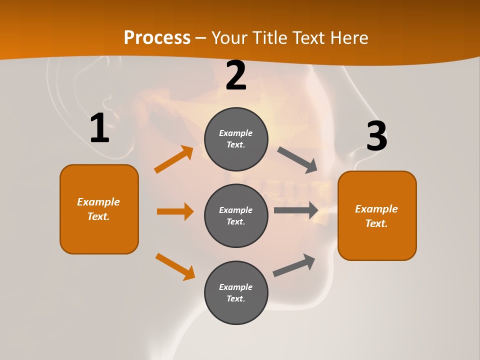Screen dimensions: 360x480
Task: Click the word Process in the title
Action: pyautogui.click(x=157, y=38)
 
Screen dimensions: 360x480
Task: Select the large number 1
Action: pyautogui.click(x=99, y=128)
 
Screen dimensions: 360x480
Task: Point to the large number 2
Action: pyautogui.click(x=236, y=76)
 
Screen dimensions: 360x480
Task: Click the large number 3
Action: pyautogui.click(x=376, y=136)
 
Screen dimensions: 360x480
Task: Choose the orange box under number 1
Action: pyautogui.click(x=99, y=209)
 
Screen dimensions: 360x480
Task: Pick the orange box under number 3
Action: pyautogui.click(x=377, y=216)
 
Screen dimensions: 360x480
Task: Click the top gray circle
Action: pyautogui.click(x=236, y=139)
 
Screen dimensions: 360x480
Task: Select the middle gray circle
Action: pyautogui.click(x=236, y=215)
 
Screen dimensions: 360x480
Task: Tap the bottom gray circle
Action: pyautogui.click(x=236, y=292)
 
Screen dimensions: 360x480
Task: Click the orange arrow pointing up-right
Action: pyautogui.click(x=174, y=159)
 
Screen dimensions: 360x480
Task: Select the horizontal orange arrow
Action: pyautogui.click(x=175, y=211)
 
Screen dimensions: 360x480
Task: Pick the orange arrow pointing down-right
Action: pyautogui.click(x=175, y=266)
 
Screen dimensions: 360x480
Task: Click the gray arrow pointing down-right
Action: pyautogui.click(x=297, y=160)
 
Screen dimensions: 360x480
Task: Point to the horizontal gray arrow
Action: pyautogui.click(x=296, y=210)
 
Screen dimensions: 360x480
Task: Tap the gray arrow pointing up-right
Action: pyautogui.click(x=294, y=265)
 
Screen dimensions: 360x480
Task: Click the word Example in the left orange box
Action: pyautogui.click(x=98, y=202)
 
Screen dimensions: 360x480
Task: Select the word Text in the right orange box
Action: pyautogui.click(x=376, y=223)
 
